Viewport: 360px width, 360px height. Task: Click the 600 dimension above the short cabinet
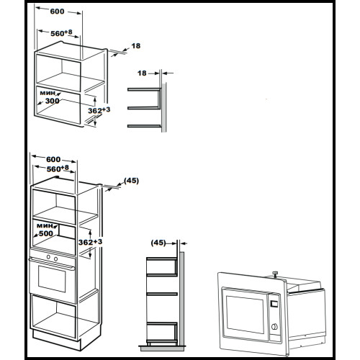(x=57, y=12)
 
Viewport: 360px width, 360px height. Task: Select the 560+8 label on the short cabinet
(x=61, y=33)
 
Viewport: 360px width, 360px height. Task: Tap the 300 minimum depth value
(x=53, y=101)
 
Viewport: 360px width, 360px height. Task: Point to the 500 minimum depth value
(x=46, y=233)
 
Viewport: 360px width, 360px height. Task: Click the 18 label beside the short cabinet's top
(x=136, y=45)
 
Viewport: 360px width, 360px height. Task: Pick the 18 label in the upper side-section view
(x=142, y=73)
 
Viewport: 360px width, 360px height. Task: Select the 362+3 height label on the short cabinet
(x=99, y=110)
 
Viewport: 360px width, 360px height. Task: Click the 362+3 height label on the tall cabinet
(x=90, y=242)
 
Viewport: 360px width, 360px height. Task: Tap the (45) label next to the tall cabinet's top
(x=131, y=181)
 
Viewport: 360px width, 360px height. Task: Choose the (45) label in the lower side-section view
(x=158, y=243)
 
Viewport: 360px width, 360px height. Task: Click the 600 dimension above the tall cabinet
(x=53, y=159)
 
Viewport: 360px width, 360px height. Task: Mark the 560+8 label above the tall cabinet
(x=58, y=168)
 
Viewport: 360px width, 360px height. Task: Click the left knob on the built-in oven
(x=48, y=257)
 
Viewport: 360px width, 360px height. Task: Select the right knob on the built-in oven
(x=55, y=259)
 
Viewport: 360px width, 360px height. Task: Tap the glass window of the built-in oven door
(x=52, y=279)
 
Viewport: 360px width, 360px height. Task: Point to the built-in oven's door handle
(x=52, y=264)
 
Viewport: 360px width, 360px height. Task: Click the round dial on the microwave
(x=274, y=326)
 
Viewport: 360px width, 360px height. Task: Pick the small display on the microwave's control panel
(x=274, y=304)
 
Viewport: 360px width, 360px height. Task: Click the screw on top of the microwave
(x=275, y=274)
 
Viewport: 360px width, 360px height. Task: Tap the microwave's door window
(x=246, y=315)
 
